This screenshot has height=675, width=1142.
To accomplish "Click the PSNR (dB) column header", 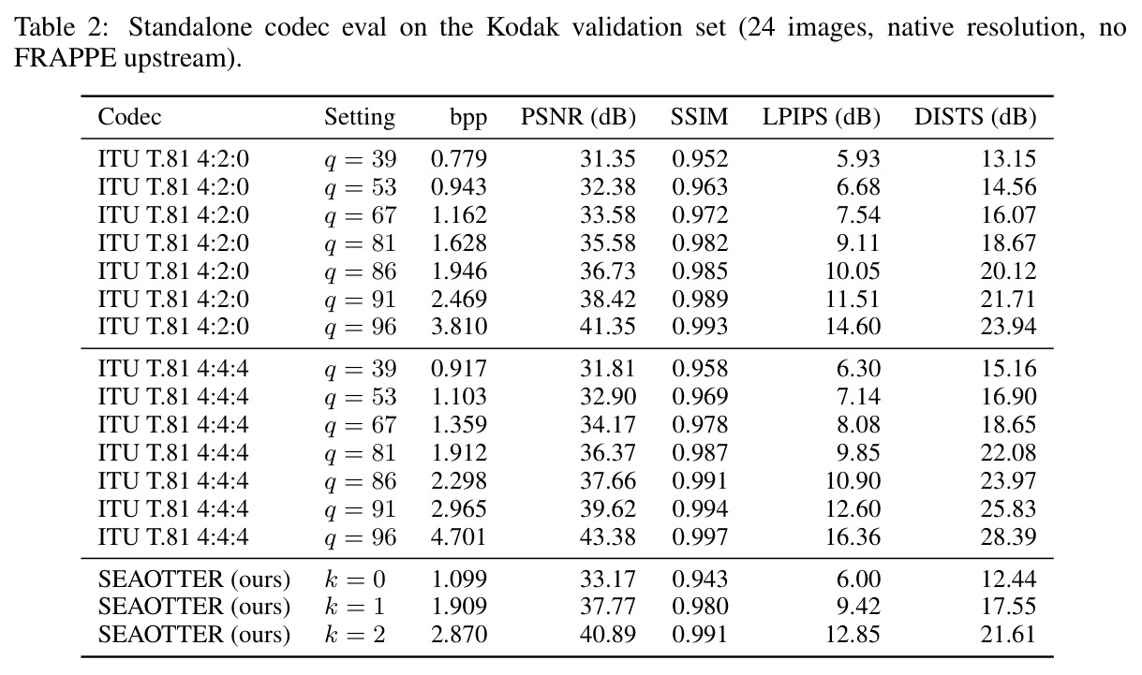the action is pos(578,117).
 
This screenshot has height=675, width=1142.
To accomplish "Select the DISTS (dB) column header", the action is pos(975,117).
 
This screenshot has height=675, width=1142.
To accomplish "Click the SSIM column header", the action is pos(699,117).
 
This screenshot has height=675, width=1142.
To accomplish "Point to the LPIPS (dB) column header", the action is pos(822,117).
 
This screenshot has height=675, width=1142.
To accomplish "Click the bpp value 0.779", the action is pos(459,159).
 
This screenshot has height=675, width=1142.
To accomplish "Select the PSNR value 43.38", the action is pos(607,537).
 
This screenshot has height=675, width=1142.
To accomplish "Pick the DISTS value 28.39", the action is pos(1008,537).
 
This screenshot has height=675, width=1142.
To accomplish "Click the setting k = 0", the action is pos(355,580).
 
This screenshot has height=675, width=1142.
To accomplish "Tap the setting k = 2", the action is pos(355,635).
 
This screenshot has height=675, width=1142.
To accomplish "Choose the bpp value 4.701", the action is pos(459,537).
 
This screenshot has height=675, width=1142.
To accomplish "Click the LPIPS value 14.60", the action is pos(853,327).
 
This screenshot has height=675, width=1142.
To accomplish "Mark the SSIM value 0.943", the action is pos(700,580).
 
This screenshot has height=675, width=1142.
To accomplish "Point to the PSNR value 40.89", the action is pos(607,635).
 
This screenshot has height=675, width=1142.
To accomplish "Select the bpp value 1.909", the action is pos(459,607).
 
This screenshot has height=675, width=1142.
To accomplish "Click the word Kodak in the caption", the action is pos(523,27).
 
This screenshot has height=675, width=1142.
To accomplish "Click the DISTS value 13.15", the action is pos(1008,159).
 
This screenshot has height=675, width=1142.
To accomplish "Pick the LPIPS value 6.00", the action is pos(858,580).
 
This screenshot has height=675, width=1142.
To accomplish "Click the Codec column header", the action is pos(129,117).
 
